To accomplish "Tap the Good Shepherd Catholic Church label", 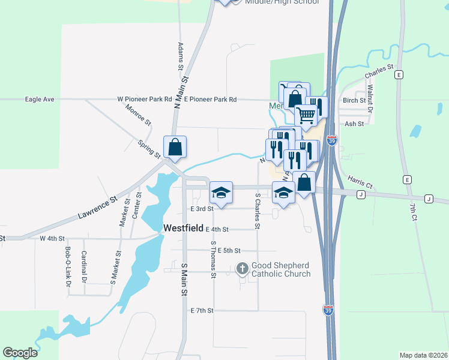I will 281,269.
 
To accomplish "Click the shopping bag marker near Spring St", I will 175,147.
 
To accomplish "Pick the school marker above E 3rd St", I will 221,193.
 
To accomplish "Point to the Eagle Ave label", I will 40,99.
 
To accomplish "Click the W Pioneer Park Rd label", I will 145,99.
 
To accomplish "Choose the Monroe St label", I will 139,115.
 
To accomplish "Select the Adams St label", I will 180,55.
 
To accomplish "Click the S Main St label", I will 184,278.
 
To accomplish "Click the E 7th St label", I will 202,310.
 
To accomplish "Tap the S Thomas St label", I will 213,260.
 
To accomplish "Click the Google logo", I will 20,353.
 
